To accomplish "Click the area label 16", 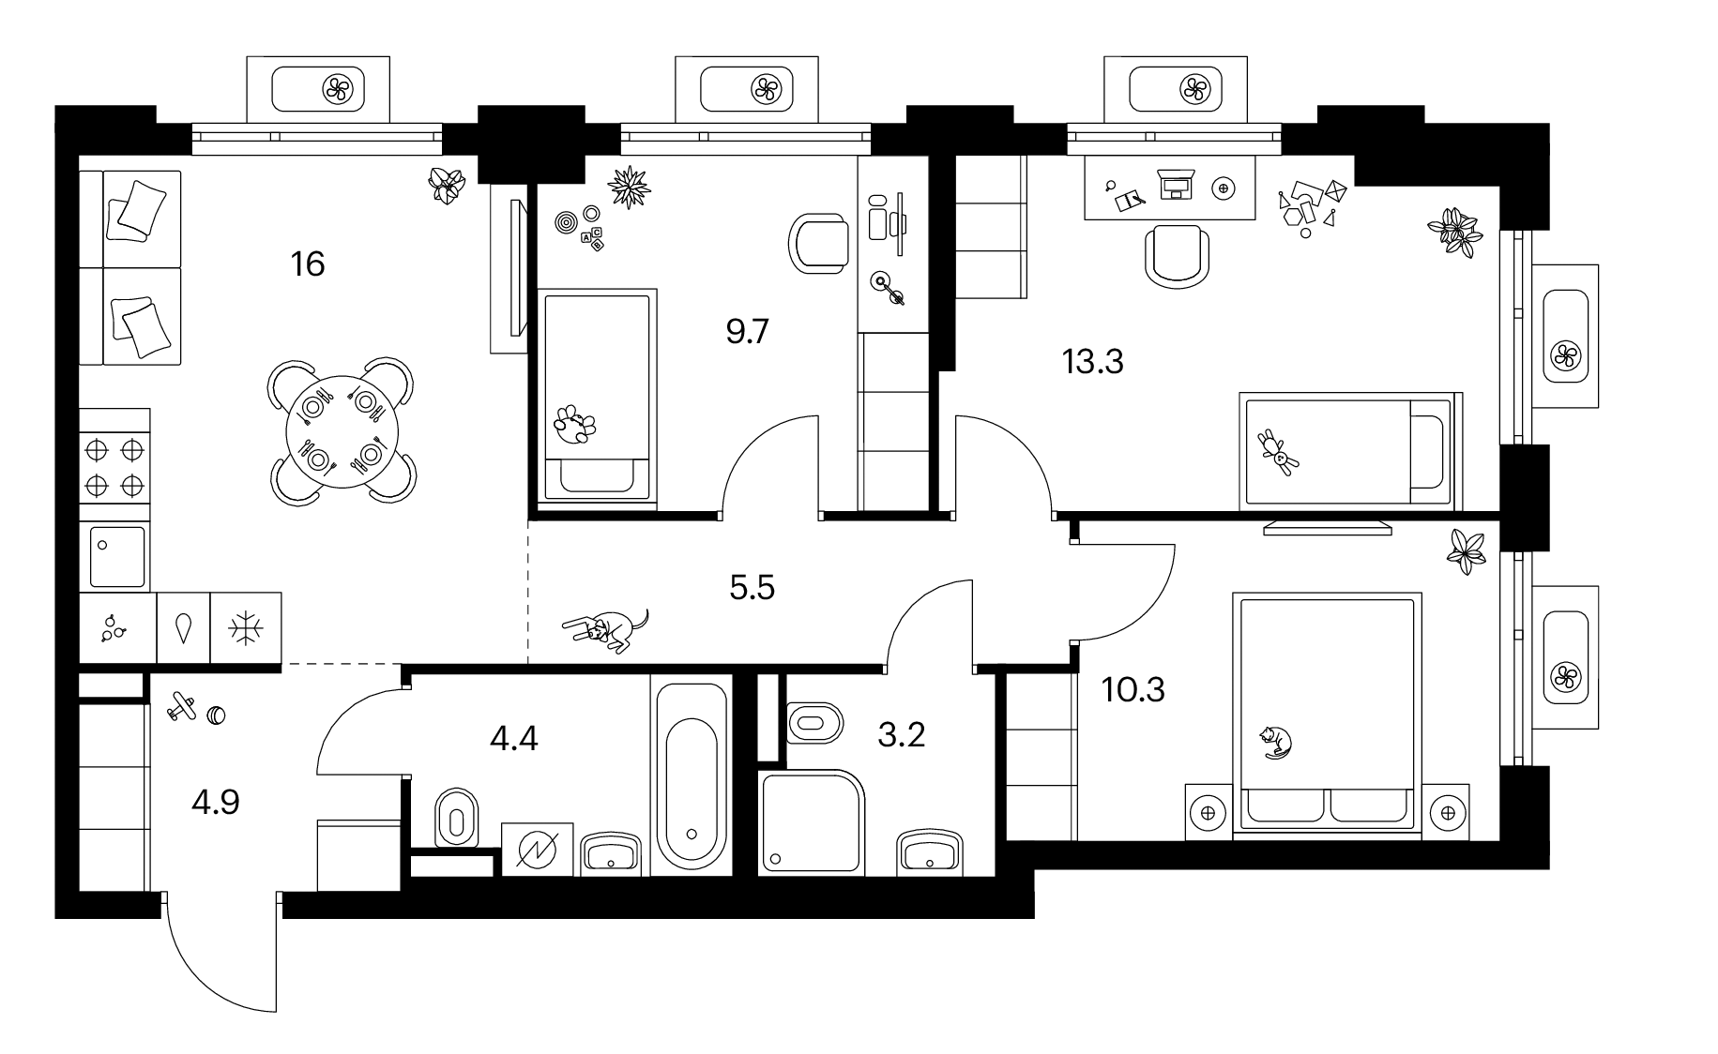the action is [308, 263].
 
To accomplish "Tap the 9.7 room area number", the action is [748, 332].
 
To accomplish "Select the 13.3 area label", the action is [1092, 360].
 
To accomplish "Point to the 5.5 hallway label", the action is [752, 588].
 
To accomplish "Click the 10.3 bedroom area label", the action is [1133, 690].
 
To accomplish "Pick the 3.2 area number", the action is [902, 734].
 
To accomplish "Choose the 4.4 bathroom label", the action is [514, 739].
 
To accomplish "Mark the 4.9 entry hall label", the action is [215, 803].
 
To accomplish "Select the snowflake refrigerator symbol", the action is [246, 628].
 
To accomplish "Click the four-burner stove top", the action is [114, 467].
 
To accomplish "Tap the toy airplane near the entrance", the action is [182, 708].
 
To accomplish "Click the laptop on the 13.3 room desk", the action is [1175, 186].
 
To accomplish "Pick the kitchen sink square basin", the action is [117, 557].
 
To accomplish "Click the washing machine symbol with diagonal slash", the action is [538, 850].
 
